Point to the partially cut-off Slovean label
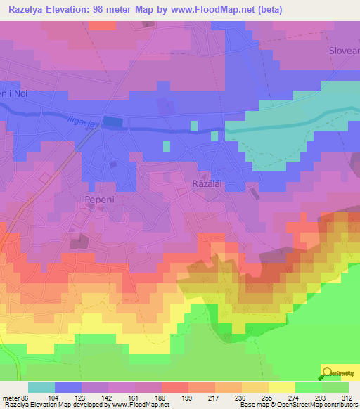[344, 51]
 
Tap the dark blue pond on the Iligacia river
[112, 122]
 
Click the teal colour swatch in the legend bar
[41, 387]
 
